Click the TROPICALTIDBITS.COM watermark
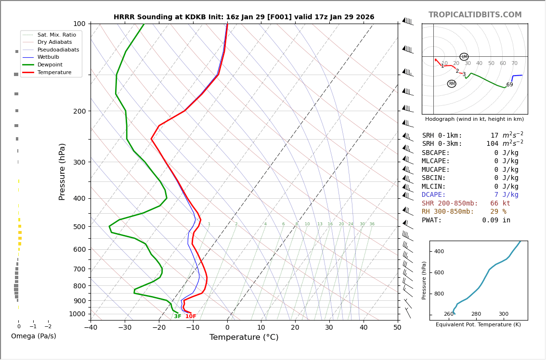475,15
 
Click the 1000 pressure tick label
77,314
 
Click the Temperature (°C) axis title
244,337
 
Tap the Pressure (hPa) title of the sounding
62,171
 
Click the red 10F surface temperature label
191,316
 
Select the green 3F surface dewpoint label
178,316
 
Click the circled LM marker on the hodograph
464,57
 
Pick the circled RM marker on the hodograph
452,84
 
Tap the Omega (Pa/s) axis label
33,336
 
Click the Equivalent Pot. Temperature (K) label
478,324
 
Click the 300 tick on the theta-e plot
503,314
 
